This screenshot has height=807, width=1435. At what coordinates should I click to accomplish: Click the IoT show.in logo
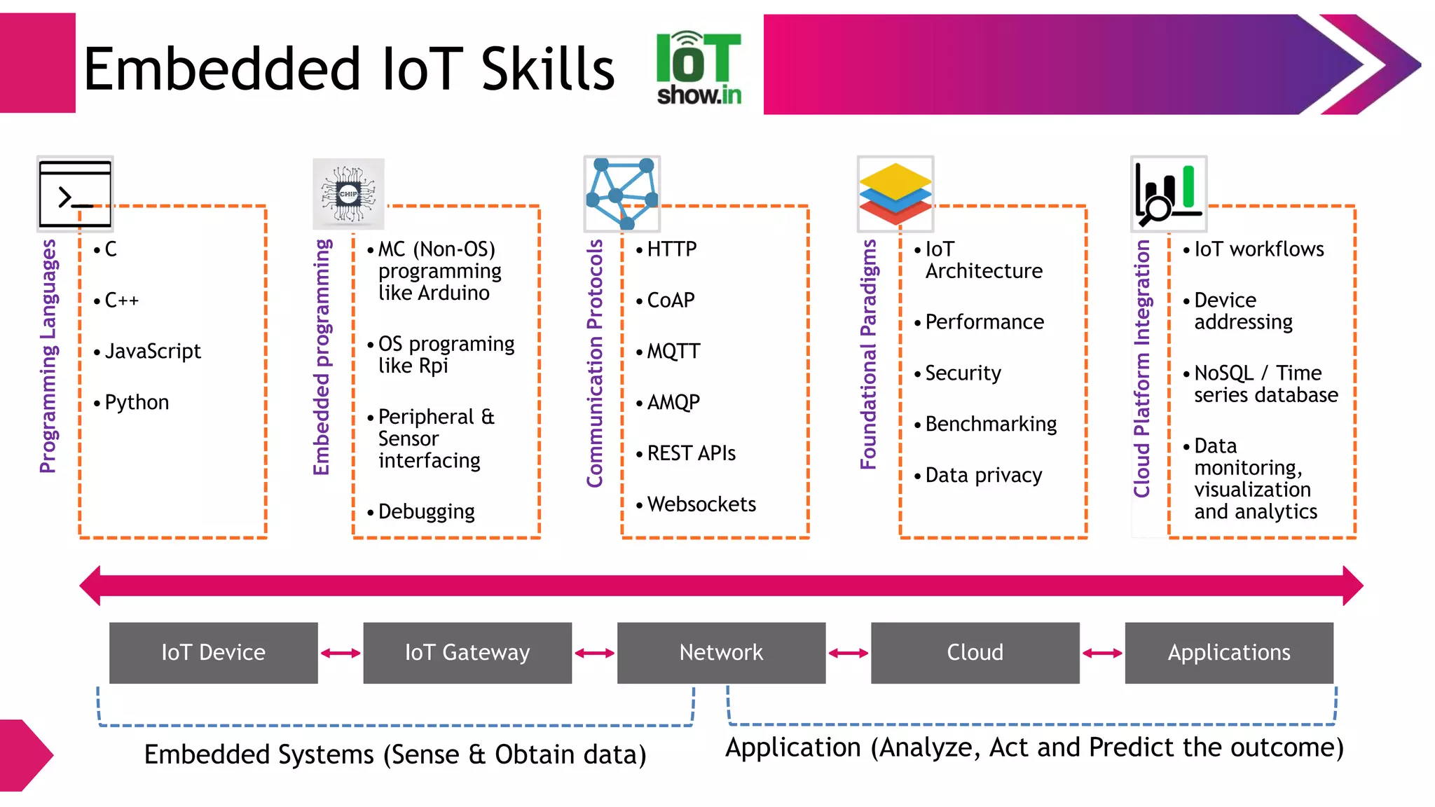click(699, 69)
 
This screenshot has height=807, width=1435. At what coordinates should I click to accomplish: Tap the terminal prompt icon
click(75, 194)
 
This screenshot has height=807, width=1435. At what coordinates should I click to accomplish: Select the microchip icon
click(348, 194)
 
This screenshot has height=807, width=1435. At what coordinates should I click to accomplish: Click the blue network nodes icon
click(622, 194)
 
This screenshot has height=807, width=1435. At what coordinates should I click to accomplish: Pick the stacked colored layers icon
click(895, 194)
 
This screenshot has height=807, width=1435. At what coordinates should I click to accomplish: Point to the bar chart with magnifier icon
click(1168, 194)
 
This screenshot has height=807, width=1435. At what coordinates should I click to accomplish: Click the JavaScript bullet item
click(152, 351)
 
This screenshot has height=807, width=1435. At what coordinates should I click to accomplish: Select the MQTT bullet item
click(673, 351)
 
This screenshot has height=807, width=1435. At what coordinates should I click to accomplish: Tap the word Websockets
click(701, 504)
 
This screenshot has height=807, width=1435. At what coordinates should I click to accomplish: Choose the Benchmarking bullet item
click(990, 424)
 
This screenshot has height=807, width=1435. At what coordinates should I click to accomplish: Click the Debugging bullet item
click(426, 511)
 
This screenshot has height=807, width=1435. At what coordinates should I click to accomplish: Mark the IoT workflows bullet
click(1258, 249)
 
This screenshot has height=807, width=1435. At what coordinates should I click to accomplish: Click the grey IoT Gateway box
click(467, 652)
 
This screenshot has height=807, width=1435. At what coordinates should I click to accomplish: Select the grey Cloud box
click(975, 652)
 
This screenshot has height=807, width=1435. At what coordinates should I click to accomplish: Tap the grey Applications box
click(1229, 652)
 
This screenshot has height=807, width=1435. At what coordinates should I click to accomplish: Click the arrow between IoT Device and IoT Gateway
click(341, 653)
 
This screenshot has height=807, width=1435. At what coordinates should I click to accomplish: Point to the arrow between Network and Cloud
click(848, 653)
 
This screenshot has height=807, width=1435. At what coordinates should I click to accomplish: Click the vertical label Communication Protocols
click(595, 363)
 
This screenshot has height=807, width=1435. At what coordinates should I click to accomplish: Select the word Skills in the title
click(547, 69)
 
